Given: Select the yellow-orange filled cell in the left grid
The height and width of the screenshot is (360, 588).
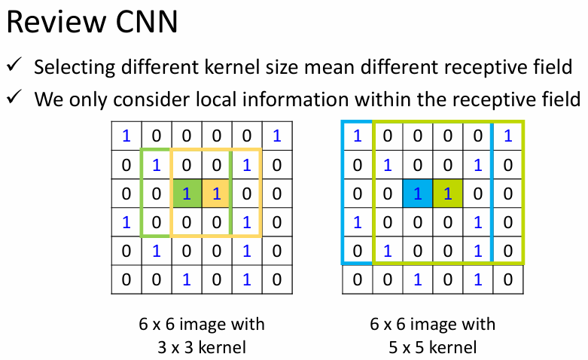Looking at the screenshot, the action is click(216, 194).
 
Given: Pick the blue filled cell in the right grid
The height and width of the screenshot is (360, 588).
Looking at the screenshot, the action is click(417, 194).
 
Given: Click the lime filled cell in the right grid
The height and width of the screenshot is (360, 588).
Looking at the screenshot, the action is click(447, 194).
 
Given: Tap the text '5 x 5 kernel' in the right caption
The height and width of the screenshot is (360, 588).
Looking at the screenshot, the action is click(433, 347).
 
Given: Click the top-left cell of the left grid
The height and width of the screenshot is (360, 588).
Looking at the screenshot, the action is click(126, 136).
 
